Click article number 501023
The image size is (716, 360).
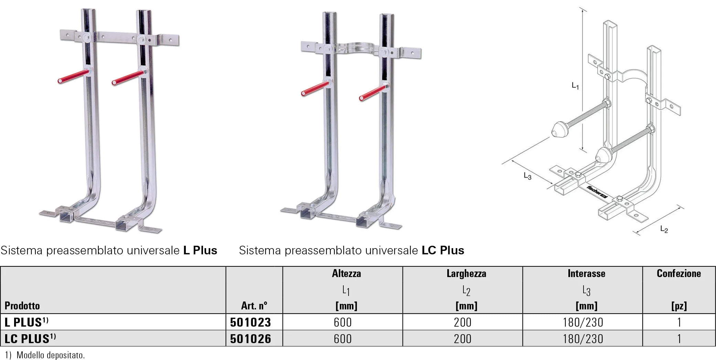(250, 322)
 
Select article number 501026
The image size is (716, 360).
(250, 339)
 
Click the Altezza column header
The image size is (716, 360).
(346, 274)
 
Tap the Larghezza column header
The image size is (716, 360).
(466, 274)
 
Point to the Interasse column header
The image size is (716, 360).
(586, 274)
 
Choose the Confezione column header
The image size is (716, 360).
(679, 273)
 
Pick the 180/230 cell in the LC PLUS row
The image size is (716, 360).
(583, 339)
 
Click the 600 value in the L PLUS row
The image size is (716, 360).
(343, 322)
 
